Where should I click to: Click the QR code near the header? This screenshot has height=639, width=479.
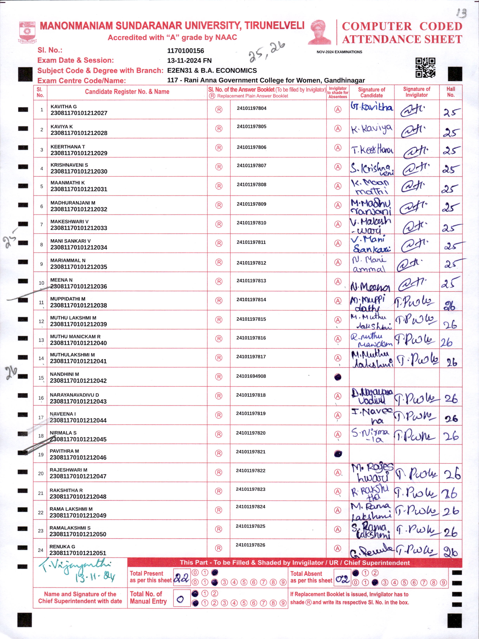coord(425,68)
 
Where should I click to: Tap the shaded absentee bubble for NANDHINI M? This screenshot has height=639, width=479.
coord(338,377)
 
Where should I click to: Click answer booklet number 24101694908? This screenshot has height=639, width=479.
coord(251,376)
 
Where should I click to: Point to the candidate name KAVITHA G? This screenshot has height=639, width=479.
coord(63,107)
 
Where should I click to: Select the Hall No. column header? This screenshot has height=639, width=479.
coord(450,92)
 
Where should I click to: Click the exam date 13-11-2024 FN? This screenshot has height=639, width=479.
coord(189,61)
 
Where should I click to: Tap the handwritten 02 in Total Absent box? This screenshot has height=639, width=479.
coord(342,579)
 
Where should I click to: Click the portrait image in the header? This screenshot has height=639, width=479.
coord(320,32)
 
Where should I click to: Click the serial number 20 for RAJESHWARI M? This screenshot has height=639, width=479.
coord(41,474)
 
